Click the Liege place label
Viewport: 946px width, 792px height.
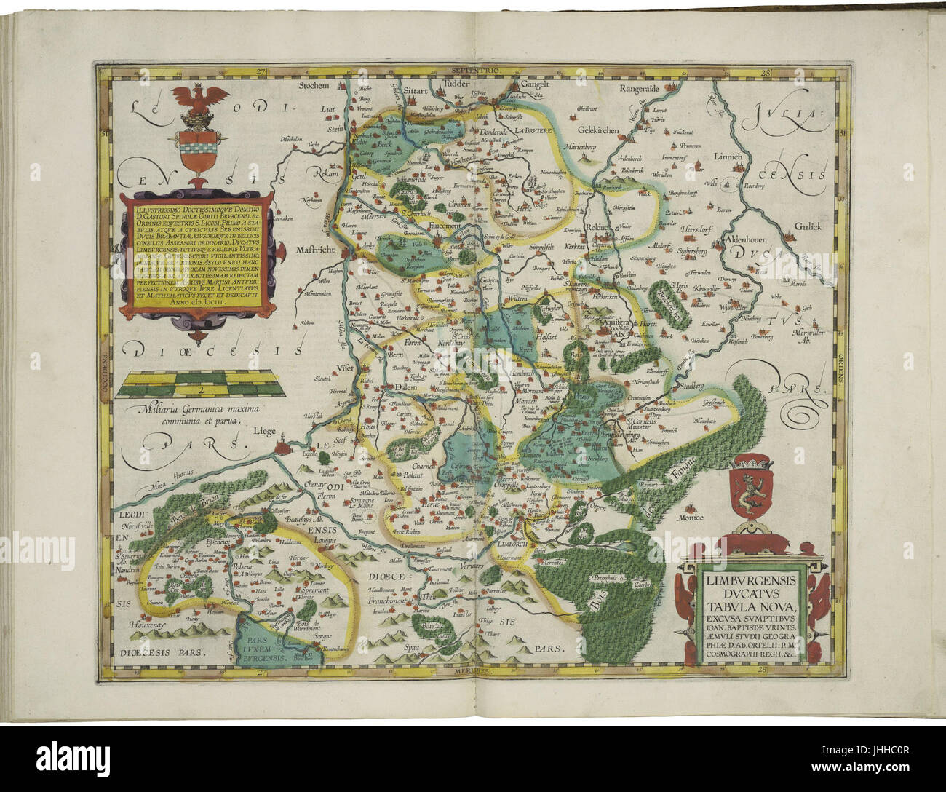point(265,431)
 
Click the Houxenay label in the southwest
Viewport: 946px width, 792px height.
point(148,625)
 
